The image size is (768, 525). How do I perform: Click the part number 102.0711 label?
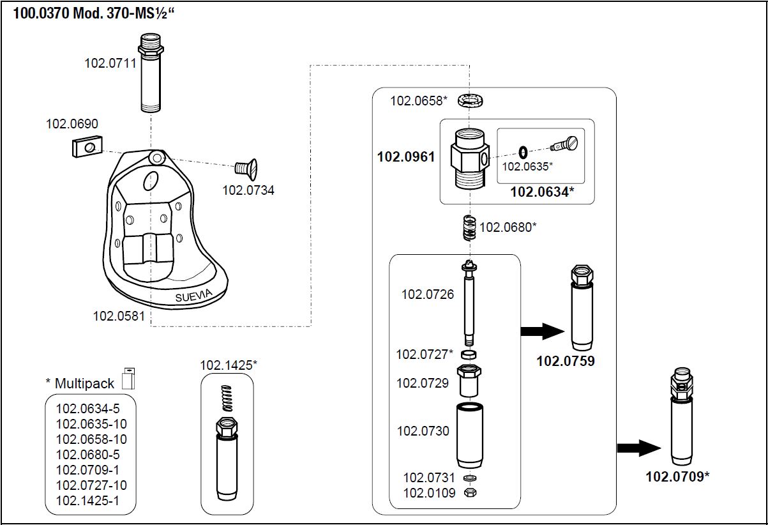coord(110,63)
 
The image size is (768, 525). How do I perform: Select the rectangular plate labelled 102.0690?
coord(84,146)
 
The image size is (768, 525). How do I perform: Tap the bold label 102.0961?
coord(406,156)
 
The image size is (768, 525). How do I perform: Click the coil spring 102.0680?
coord(469,227)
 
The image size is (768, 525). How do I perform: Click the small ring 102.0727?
coord(469,354)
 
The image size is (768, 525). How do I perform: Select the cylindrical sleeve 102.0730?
coord(469,436)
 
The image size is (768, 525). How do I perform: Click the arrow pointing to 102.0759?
coord(543,330)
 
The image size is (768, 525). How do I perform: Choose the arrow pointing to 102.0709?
coord(638,448)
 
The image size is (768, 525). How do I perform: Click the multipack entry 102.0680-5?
coord(87,455)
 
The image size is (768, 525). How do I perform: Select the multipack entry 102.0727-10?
coord(91,485)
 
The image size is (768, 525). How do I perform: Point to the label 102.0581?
coord(119,316)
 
